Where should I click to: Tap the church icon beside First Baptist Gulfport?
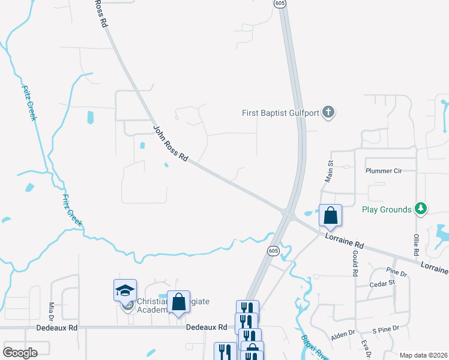(328, 112)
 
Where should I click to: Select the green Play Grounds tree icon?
(421, 209)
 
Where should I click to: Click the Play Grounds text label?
(387, 209)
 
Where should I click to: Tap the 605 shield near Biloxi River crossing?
(273, 251)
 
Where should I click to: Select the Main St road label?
(330, 171)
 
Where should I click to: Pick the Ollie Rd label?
(415, 243)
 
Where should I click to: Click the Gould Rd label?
(355, 265)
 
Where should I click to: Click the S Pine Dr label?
(386, 331)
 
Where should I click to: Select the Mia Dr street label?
(52, 311)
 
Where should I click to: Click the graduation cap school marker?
(125, 290)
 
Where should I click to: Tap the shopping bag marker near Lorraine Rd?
(330, 215)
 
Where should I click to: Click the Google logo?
(20, 353)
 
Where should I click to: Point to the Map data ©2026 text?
(423, 355)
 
